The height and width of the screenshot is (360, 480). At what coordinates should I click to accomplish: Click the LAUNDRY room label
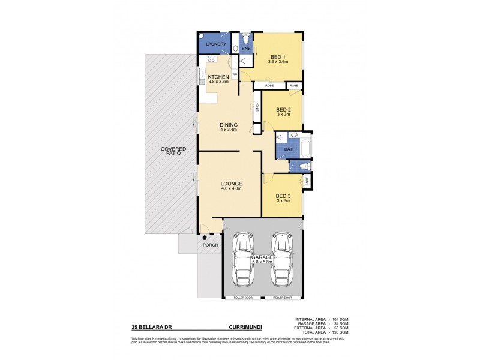[x=215, y=44]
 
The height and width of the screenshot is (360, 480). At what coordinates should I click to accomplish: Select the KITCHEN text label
[x=218, y=77]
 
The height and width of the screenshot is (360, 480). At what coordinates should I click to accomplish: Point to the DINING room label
[x=229, y=125]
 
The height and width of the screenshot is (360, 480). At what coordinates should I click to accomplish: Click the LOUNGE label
[x=231, y=184]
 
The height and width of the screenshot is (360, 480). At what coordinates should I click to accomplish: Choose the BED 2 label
[x=283, y=110]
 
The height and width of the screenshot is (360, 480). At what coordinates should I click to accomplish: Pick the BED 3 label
[x=283, y=196]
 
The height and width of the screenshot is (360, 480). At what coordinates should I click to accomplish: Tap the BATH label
[x=290, y=149]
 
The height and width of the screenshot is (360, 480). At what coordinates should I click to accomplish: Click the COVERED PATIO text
[x=173, y=151]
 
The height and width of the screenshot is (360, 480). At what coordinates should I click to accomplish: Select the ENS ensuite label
[x=246, y=48]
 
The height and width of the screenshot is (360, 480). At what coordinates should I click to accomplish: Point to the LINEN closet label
[x=256, y=109]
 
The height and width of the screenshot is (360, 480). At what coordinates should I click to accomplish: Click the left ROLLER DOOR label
[x=243, y=298]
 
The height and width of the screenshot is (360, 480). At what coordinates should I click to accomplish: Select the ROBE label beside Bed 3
[x=307, y=179]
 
